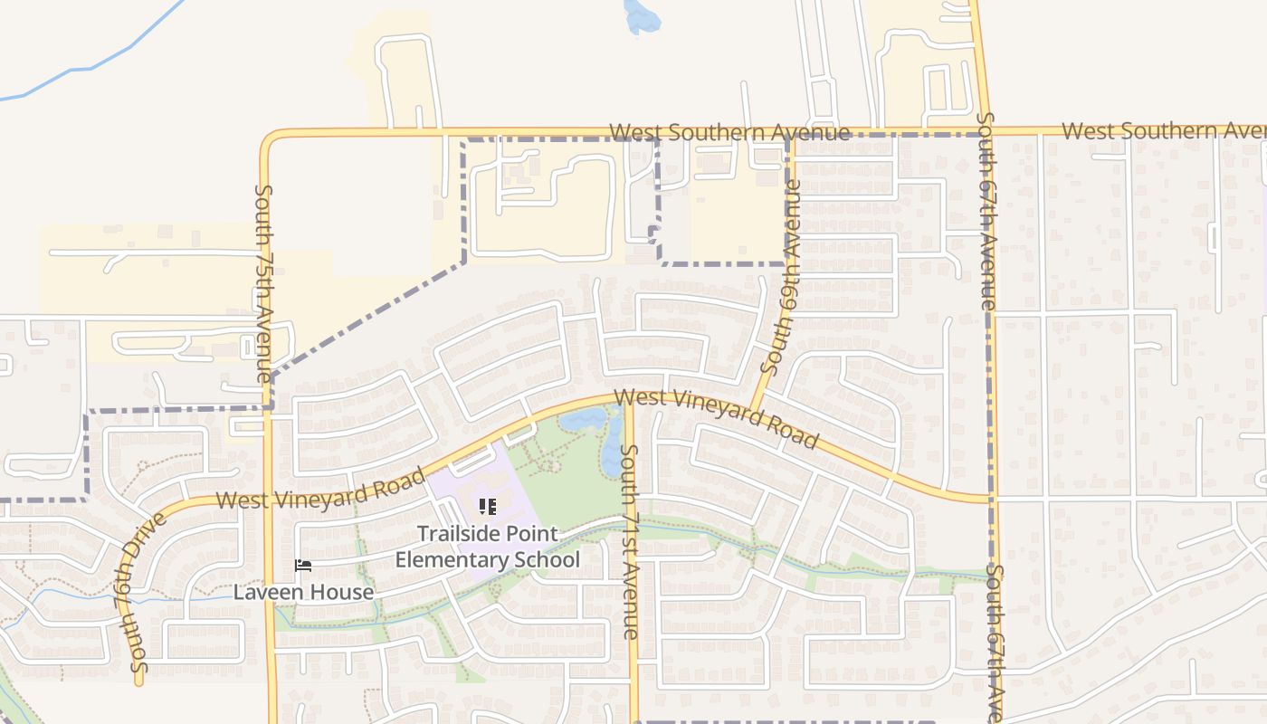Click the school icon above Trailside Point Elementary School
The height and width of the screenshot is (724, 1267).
(x=487, y=507)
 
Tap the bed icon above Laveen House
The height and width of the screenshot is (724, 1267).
(x=303, y=567)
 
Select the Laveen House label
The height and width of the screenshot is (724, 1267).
(x=303, y=592)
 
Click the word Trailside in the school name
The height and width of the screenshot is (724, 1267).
(x=462, y=534)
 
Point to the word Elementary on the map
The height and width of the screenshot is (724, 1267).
(x=451, y=559)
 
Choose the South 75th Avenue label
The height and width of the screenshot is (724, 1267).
(x=263, y=282)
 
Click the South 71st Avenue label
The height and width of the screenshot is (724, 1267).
(x=631, y=541)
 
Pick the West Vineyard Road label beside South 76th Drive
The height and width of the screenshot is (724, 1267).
(x=320, y=490)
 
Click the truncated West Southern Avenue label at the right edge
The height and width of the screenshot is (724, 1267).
(x=1164, y=130)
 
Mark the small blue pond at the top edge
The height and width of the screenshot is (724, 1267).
(x=642, y=16)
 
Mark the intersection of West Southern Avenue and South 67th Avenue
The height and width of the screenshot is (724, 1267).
(x=983, y=132)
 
